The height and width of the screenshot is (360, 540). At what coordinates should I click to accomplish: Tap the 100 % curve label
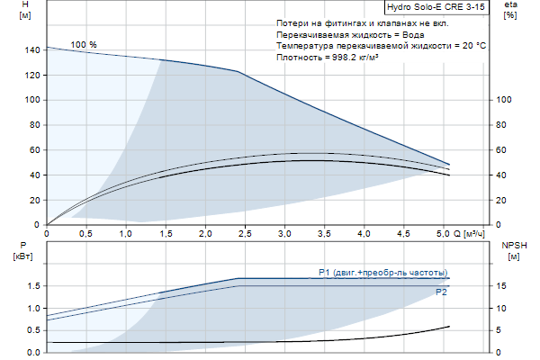[x=84, y=45]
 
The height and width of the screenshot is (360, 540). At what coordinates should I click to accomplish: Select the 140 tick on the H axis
[x=33, y=50]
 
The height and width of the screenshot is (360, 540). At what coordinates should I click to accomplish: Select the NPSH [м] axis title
[x=512, y=251]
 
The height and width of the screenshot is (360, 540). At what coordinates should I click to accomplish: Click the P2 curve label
[x=441, y=292]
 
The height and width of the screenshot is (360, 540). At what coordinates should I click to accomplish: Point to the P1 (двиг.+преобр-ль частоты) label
[x=382, y=273]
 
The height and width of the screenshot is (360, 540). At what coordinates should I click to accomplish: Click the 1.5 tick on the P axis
[x=32, y=286]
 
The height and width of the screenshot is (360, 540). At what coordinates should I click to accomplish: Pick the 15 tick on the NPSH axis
[x=502, y=286]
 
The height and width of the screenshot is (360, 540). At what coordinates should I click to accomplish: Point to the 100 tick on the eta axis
[x=504, y=100]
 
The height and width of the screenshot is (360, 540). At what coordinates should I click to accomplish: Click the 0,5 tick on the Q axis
[x=86, y=234]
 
